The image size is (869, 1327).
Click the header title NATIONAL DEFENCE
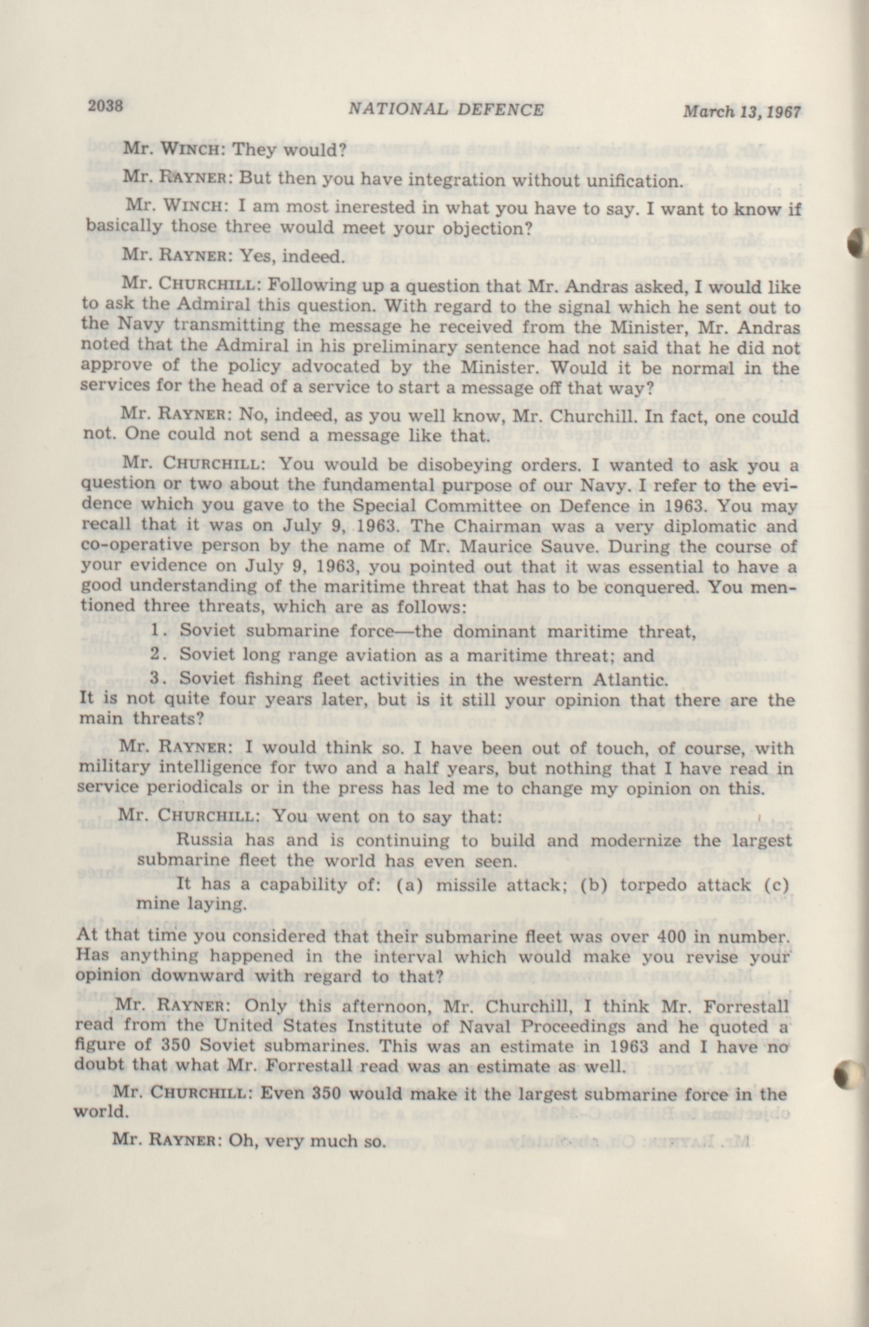tap(445, 109)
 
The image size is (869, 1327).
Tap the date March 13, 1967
tap(741, 112)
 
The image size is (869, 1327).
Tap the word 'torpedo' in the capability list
tap(649, 885)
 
